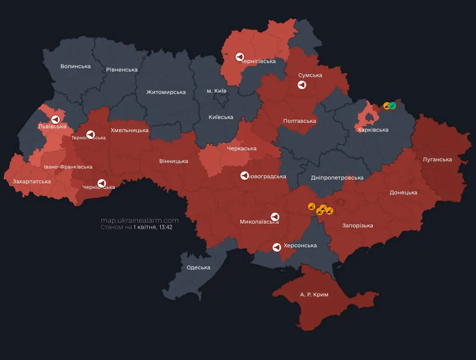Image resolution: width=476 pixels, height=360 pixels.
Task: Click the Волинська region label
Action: [x=75, y=66]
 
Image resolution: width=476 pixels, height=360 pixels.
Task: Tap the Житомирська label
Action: [x=166, y=92]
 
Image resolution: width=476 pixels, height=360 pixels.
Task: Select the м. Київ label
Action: [x=216, y=91]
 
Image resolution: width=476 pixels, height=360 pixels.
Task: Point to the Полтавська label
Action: [x=299, y=121]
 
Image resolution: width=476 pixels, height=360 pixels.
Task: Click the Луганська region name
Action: [x=437, y=160]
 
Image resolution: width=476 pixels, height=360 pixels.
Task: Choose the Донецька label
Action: [x=403, y=193]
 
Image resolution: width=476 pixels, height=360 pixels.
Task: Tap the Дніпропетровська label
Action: [x=337, y=177]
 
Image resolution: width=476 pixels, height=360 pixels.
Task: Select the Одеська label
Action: [x=198, y=267]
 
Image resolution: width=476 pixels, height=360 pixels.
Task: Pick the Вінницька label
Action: [x=173, y=161]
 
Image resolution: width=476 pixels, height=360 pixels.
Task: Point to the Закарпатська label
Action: [x=32, y=181]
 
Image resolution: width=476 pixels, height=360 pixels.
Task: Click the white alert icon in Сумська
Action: [x=301, y=85]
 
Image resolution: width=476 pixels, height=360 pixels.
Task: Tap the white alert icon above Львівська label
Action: [x=55, y=119]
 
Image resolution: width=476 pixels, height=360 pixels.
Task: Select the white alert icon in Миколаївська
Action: [x=275, y=217]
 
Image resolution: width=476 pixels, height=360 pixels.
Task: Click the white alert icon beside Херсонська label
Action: [x=277, y=247]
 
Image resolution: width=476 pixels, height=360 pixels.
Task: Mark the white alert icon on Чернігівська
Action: [x=239, y=57]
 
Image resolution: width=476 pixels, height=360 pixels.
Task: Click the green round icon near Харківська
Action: [x=393, y=106]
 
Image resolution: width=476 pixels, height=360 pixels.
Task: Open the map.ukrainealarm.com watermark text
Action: [x=140, y=220]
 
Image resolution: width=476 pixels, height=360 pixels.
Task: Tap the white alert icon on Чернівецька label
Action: [x=102, y=183]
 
